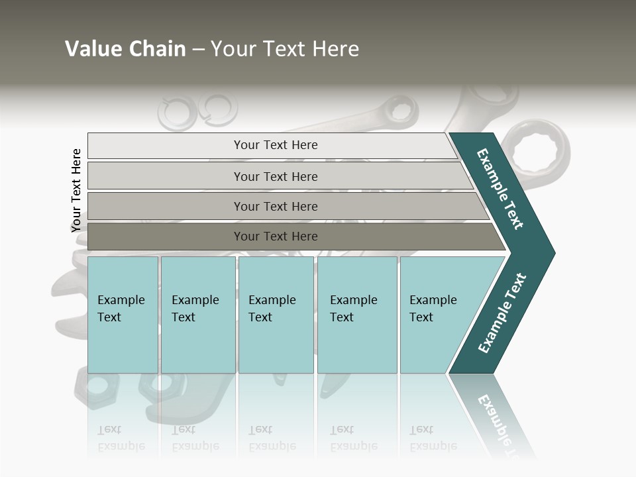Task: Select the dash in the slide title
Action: tap(198, 50)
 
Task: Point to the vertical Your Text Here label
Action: tap(76, 190)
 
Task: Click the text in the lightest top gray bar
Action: tap(276, 145)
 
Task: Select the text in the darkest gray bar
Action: tap(276, 237)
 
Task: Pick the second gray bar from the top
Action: tap(276, 176)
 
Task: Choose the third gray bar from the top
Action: tap(276, 207)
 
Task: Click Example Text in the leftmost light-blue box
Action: tap(121, 309)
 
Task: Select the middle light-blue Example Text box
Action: tap(275, 314)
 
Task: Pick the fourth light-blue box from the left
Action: tap(356, 314)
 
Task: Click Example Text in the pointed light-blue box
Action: tap(433, 309)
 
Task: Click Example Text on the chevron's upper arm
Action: tap(500, 189)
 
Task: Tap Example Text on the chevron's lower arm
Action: tap(502, 313)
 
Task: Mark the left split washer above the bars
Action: tap(176, 111)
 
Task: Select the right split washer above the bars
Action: tap(219, 107)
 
